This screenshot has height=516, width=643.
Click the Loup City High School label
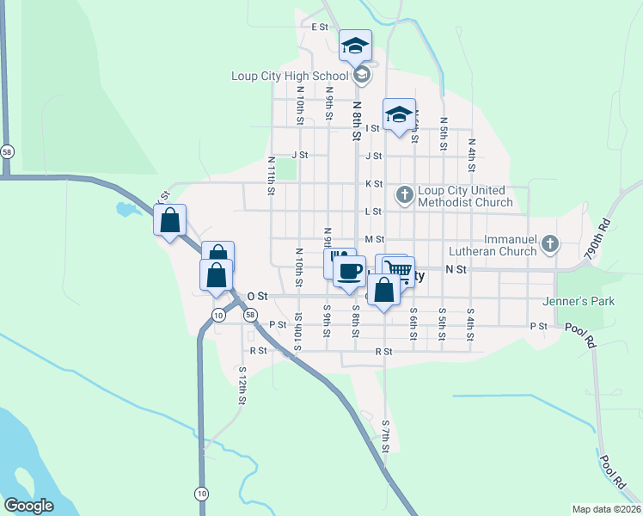point(290,76)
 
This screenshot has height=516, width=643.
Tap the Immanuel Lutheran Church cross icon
point(551,246)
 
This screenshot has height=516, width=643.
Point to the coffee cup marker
point(348,273)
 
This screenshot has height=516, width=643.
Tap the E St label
point(321,28)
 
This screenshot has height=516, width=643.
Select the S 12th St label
point(243,389)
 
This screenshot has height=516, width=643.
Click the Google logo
point(28,506)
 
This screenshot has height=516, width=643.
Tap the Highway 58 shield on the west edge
point(7,151)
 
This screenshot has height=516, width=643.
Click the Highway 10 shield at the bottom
point(201,493)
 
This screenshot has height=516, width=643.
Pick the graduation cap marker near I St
point(399,115)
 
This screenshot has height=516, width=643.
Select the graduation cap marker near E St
point(354,46)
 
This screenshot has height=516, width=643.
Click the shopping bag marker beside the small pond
point(170,219)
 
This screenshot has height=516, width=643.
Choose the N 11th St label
point(271,175)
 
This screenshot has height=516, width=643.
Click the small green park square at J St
point(286,169)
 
